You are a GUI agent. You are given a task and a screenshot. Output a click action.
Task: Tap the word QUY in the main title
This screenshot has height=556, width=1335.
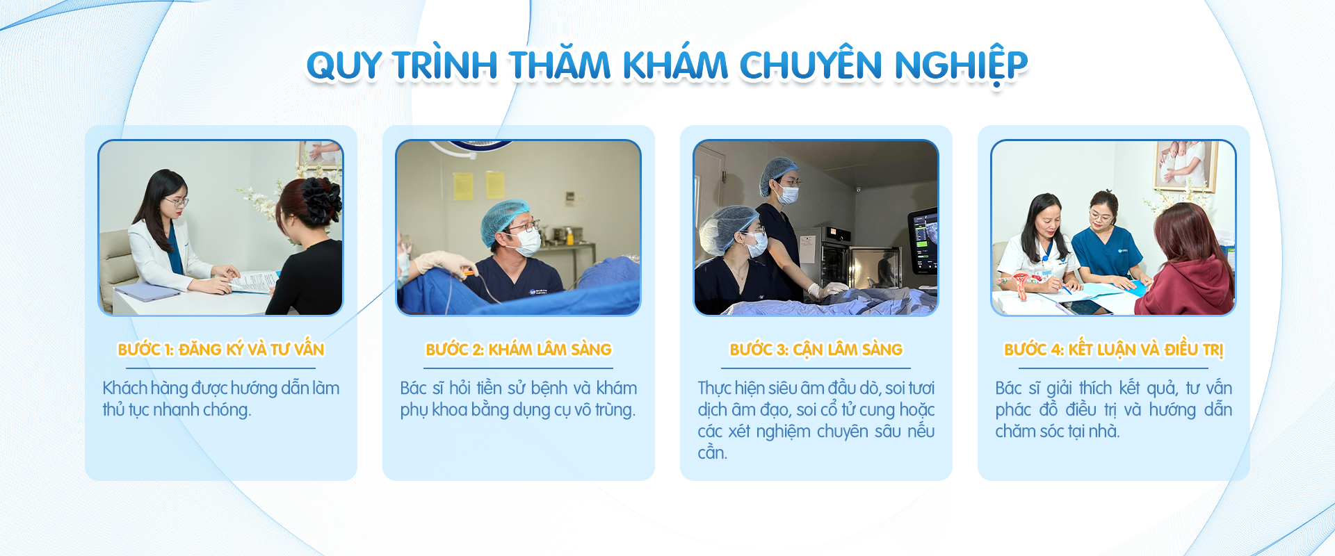[344, 66]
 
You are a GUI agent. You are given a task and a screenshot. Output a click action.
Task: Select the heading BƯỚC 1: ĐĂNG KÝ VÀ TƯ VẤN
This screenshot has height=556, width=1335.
[221, 349]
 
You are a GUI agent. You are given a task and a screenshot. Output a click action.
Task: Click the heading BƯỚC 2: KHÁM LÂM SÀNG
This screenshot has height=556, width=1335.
[519, 349]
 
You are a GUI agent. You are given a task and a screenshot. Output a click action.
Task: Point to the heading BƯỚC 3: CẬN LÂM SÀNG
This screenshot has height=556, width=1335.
[816, 349]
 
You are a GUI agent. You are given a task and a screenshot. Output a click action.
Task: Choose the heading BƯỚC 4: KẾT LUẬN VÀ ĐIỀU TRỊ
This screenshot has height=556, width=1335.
[1114, 349]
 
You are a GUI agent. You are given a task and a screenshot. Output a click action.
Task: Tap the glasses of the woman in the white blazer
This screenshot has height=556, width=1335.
[177, 202]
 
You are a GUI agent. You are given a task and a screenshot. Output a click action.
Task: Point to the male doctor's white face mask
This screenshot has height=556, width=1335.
[525, 241]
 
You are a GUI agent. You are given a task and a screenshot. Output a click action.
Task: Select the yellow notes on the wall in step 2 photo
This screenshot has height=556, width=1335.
[478, 186]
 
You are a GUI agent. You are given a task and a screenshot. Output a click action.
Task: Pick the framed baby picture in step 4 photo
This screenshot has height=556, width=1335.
[1186, 165]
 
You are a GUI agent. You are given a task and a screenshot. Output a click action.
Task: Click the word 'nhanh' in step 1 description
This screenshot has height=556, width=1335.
[177, 409]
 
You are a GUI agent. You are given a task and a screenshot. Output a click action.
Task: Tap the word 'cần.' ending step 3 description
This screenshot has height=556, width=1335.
[713, 453]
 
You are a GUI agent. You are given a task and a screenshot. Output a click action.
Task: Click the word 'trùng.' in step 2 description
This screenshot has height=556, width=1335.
[615, 410]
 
